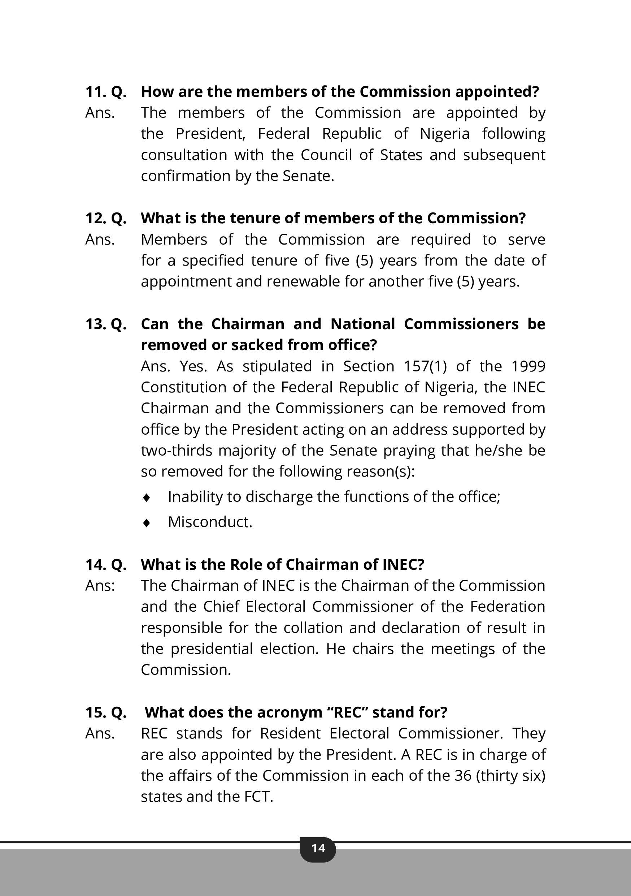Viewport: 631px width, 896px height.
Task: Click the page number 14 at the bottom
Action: [x=318, y=848]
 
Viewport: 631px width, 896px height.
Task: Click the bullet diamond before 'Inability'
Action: [x=147, y=497]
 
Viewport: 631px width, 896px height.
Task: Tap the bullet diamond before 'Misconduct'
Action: [x=147, y=522]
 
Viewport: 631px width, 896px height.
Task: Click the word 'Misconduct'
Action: [x=210, y=522]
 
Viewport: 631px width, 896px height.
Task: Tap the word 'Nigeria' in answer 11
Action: [x=445, y=134]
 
